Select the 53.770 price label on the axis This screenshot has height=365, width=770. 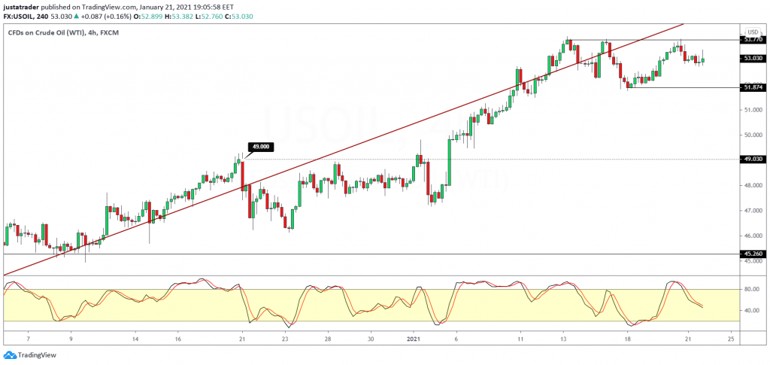[x=753, y=39]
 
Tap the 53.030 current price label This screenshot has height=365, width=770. [x=753, y=58]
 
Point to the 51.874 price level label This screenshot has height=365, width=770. [x=753, y=87]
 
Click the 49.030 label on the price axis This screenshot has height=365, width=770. [x=753, y=159]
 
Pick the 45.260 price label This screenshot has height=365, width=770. [x=753, y=254]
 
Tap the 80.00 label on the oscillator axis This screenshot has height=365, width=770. [x=750, y=289]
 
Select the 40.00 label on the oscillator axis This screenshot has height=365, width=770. [x=750, y=310]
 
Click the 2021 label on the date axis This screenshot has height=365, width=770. [x=414, y=339]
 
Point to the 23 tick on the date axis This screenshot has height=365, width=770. [x=285, y=339]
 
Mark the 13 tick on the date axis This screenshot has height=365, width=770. [x=564, y=339]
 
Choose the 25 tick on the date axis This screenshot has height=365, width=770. [x=731, y=339]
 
